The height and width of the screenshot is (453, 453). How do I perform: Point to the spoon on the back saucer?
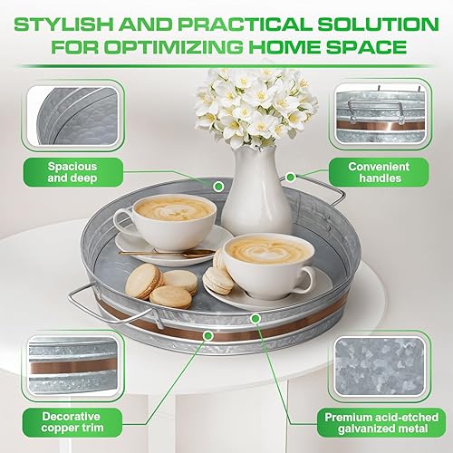pos(181,251)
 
